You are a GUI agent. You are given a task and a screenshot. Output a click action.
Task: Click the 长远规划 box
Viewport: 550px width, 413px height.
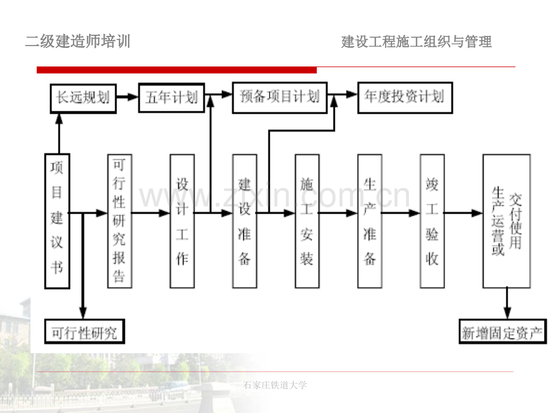pyautogui.click(x=83, y=98)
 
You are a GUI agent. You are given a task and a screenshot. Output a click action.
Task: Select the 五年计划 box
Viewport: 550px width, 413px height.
pyautogui.click(x=172, y=98)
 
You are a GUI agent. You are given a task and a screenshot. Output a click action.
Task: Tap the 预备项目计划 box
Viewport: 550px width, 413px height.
pyautogui.click(x=280, y=98)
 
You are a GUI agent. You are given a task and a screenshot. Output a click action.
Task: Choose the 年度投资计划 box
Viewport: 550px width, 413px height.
pyautogui.click(x=405, y=98)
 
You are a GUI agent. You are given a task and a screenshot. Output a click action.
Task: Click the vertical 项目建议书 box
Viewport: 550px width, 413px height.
pyautogui.click(x=57, y=221)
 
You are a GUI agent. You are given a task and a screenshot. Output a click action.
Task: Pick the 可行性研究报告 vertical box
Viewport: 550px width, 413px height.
pyautogui.click(x=120, y=221)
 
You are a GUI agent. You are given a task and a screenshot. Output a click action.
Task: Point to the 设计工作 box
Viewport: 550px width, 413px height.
pyautogui.click(x=182, y=221)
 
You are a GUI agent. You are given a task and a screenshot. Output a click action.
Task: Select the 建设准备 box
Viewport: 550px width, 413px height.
pyautogui.click(x=245, y=221)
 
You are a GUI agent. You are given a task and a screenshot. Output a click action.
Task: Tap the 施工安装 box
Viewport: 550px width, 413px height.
pyautogui.click(x=307, y=221)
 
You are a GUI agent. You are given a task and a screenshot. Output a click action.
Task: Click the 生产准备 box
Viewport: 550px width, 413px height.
pyautogui.click(x=369, y=221)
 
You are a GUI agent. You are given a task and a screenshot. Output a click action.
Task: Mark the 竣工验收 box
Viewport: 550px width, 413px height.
pyautogui.click(x=432, y=221)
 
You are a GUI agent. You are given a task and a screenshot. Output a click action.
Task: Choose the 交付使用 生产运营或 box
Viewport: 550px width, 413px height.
pyautogui.click(x=506, y=221)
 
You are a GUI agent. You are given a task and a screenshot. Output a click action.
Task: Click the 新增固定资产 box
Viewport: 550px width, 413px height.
pyautogui.click(x=503, y=331)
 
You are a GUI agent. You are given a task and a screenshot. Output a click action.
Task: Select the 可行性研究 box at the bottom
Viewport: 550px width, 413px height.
pyautogui.click(x=84, y=331)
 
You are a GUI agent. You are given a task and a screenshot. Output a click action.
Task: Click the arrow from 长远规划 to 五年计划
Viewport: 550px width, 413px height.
pyautogui.click(x=127, y=96)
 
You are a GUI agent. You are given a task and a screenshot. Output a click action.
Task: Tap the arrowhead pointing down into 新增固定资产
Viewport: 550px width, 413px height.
pyautogui.click(x=507, y=313)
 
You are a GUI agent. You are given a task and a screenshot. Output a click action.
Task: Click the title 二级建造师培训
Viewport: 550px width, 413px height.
pyautogui.click(x=78, y=41)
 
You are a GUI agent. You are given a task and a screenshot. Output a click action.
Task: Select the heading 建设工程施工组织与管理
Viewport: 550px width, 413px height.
pyautogui.click(x=416, y=42)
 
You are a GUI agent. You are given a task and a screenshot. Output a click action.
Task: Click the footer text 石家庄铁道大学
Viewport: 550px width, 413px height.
pyautogui.click(x=275, y=385)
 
